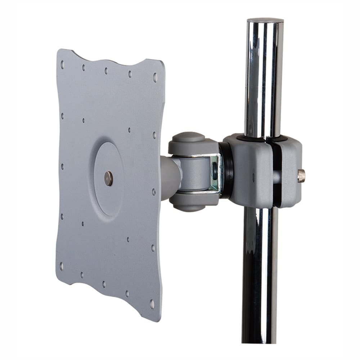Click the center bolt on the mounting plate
point(108,178)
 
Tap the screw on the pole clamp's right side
point(301,175)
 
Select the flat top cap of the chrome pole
point(265,20)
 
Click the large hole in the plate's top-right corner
point(155,77)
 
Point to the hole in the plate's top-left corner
point(62,64)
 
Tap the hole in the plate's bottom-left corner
point(62,266)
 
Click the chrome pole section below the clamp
point(260,274)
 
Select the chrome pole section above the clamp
point(264,79)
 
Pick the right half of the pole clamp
point(290,173)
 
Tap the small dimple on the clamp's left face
point(253,177)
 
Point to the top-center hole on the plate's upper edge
point(106,71)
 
